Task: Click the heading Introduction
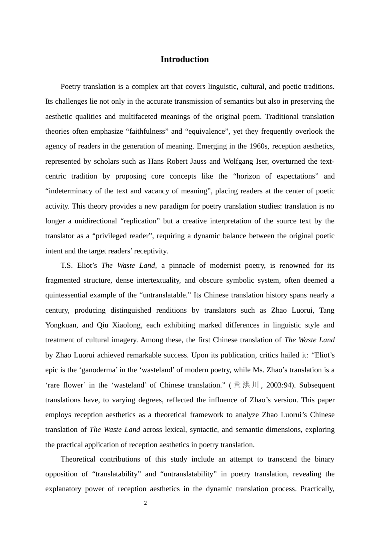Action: [184, 59]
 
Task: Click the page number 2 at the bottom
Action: [146, 503]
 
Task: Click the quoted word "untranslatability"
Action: [188, 474]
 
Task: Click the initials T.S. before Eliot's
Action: [67, 265]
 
